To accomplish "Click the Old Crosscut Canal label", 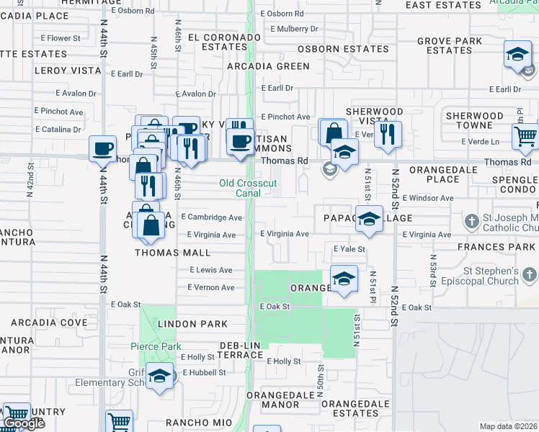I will [248, 188].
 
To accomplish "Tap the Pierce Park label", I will [156, 346].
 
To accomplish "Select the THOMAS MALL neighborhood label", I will [173, 253].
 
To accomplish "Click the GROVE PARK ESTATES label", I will [449, 45].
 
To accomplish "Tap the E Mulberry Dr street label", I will [293, 30].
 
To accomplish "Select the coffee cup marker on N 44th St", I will [103, 148].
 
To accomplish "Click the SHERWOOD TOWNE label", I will [474, 120].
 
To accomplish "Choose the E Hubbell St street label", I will [204, 373].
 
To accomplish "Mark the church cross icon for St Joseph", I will [471, 220].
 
